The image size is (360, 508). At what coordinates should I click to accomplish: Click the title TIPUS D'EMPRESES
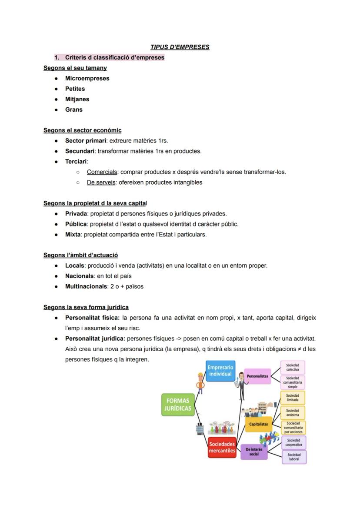click(x=180, y=47)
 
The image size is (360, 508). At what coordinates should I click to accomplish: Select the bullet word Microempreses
click(x=87, y=78)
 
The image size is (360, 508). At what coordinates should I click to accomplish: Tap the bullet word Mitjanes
click(x=77, y=99)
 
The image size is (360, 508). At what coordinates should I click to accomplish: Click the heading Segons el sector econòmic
click(x=83, y=130)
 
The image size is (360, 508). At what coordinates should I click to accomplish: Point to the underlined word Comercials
click(x=102, y=172)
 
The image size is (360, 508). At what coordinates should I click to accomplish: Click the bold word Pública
click(x=77, y=224)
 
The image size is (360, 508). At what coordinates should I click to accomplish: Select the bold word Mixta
click(x=73, y=234)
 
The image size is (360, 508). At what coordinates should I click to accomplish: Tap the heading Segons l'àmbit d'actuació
click(x=80, y=255)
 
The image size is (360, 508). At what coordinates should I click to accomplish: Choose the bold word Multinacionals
click(x=85, y=286)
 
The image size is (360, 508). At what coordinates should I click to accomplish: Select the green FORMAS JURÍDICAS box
click(x=177, y=404)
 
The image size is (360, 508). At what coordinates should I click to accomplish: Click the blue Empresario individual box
click(x=220, y=370)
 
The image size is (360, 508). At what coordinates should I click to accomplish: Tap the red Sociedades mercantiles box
click(x=222, y=447)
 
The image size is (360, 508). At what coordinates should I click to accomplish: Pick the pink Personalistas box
click(x=257, y=376)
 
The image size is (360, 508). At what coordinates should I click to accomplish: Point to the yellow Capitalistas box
click(x=258, y=424)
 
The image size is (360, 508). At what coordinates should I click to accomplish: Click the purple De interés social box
click(x=254, y=452)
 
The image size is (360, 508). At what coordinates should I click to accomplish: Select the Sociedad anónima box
click(x=293, y=412)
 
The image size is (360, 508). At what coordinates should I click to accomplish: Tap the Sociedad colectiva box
click(x=293, y=367)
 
